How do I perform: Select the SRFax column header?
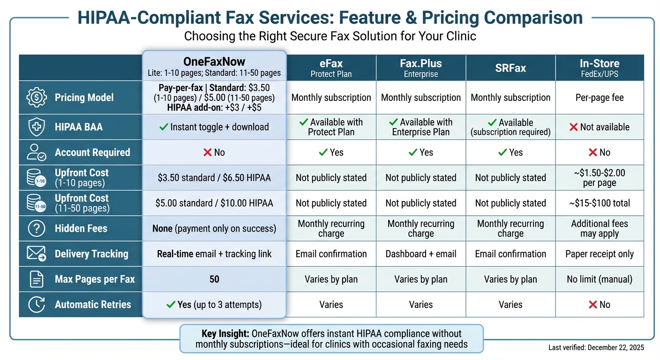[510, 68]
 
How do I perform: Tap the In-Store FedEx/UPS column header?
[600, 67]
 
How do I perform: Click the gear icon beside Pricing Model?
[37, 97]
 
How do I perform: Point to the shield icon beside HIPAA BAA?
[37, 127]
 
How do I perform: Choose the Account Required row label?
[92, 152]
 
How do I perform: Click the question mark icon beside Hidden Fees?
[37, 229]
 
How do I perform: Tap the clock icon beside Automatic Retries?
[37, 305]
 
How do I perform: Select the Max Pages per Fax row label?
[95, 279]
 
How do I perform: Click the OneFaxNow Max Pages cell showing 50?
[214, 279]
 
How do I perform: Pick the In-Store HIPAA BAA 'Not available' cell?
[600, 127]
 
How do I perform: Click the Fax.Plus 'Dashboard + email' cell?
[421, 254]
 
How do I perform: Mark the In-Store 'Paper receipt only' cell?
[600, 254]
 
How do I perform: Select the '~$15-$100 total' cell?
[600, 203]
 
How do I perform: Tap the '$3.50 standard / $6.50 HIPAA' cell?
[214, 178]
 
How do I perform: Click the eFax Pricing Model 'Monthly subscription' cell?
[331, 97]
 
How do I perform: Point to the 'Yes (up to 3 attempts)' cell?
[214, 305]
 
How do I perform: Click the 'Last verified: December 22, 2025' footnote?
[596, 348]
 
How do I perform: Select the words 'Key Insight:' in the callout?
[225, 334]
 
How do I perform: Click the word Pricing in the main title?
[450, 18]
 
